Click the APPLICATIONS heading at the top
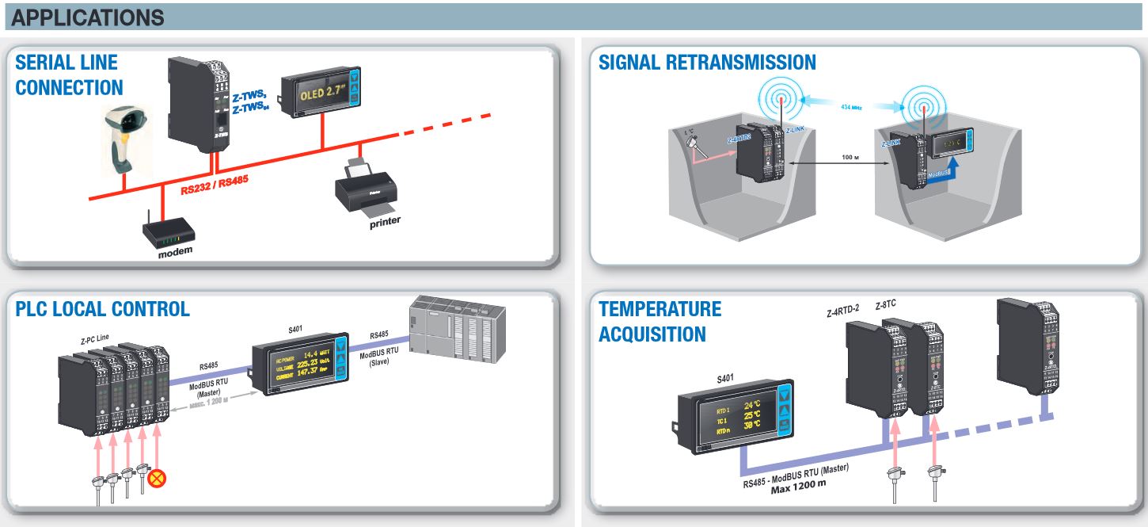(88, 17)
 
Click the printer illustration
(365, 190)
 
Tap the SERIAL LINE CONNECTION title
(69, 74)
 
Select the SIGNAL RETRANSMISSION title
(707, 62)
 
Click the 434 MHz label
(850, 106)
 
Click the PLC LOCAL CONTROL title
(103, 309)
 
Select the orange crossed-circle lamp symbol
(158, 478)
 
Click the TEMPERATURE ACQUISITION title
(649, 321)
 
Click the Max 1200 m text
(798, 483)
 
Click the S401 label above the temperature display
(725, 379)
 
